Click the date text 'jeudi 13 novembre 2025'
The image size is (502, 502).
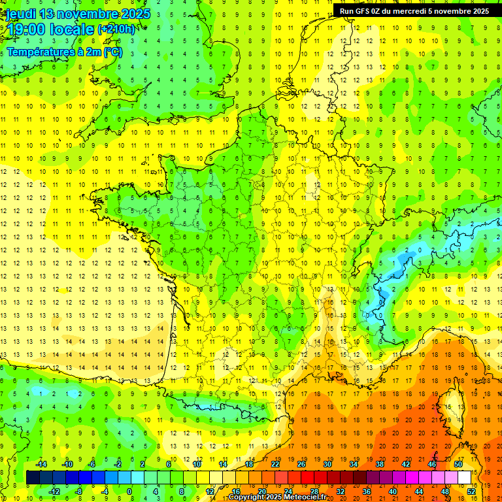[x=78, y=14]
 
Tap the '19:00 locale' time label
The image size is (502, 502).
[x=50, y=29]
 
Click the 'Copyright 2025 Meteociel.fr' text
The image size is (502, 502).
[x=277, y=497]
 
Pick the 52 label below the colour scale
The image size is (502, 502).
[x=471, y=492]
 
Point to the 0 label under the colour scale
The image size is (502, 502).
[x=129, y=492]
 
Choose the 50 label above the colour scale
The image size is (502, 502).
[x=458, y=464]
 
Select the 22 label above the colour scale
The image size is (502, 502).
[x=275, y=464]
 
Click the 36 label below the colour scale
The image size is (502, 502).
[x=367, y=492]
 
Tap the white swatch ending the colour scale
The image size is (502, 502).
[x=465, y=478]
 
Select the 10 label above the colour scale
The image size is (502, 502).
[x=197, y=464]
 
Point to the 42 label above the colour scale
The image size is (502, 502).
[x=406, y=464]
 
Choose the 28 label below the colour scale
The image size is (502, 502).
[x=314, y=492]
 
